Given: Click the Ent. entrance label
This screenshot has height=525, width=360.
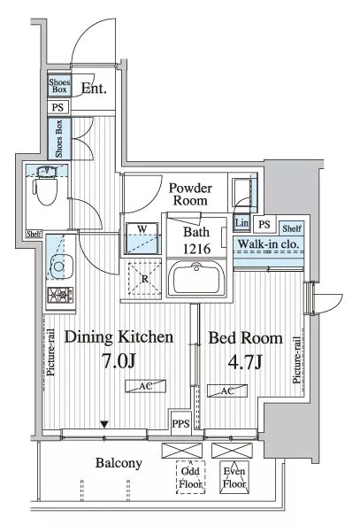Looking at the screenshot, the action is click(x=94, y=89).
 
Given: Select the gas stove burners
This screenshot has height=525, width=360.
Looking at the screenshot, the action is click(x=60, y=296).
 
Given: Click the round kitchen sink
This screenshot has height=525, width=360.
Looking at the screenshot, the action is click(x=59, y=266).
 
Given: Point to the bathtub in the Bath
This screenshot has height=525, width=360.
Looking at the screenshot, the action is click(x=196, y=278).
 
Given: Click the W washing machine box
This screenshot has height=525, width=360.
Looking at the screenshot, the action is click(x=142, y=238).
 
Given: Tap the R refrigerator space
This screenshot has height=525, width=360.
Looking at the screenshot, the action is click(x=144, y=279).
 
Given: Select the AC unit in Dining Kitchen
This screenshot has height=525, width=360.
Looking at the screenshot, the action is click(x=146, y=386).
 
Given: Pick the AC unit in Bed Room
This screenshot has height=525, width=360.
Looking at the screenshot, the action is click(x=227, y=390).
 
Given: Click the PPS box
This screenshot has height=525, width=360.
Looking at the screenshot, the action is click(x=180, y=423).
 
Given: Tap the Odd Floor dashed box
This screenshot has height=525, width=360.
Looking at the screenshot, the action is click(x=190, y=477).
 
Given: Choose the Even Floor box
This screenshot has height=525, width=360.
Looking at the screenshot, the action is click(x=234, y=477).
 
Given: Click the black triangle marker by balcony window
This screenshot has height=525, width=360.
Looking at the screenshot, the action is click(x=104, y=425).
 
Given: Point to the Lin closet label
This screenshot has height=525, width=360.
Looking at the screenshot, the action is click(x=241, y=223).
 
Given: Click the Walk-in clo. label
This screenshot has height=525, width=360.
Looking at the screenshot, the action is click(x=268, y=244).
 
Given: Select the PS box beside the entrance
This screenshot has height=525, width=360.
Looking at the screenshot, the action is click(x=57, y=107).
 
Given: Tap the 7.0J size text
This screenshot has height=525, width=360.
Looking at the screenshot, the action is click(x=119, y=360).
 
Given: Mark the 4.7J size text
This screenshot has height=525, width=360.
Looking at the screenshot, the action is click(x=245, y=361).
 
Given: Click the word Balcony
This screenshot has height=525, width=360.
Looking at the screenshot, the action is click(x=119, y=463).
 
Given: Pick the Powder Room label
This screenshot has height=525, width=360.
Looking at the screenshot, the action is click(x=190, y=194).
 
